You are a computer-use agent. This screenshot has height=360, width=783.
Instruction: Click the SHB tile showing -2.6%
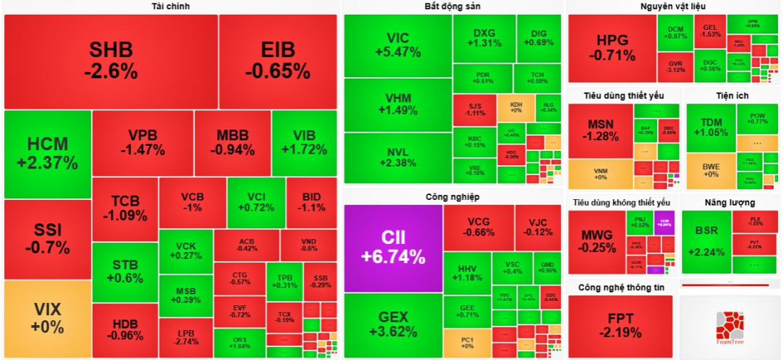click(x=110, y=61)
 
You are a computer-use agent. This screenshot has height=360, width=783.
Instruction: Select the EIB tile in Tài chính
click(x=278, y=61)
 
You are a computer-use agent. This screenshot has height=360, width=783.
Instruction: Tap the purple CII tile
click(x=393, y=248)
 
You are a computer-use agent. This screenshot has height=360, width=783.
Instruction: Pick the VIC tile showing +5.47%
click(x=398, y=45)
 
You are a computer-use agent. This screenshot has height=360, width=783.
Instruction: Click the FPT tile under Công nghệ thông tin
click(x=619, y=326)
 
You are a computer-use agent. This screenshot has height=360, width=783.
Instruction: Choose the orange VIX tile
click(x=48, y=318)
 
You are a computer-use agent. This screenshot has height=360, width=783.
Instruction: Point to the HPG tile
click(x=611, y=48)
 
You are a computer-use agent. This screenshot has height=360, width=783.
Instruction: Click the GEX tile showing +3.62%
click(x=393, y=324)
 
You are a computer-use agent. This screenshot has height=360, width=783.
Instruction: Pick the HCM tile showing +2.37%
click(x=48, y=154)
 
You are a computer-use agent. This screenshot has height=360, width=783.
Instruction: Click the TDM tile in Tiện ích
click(x=711, y=127)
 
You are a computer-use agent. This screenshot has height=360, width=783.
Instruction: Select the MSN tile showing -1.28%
click(x=600, y=130)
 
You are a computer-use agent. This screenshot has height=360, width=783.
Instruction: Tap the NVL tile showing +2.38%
click(x=398, y=157)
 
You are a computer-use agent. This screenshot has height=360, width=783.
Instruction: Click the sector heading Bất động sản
click(x=453, y=6)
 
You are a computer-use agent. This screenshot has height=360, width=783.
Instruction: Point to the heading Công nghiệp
click(x=453, y=196)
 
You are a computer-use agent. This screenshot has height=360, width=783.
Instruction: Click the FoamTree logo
click(x=730, y=327)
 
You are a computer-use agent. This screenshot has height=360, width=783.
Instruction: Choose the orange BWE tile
click(x=711, y=170)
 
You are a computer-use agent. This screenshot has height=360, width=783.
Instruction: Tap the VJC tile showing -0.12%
click(x=538, y=227)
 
